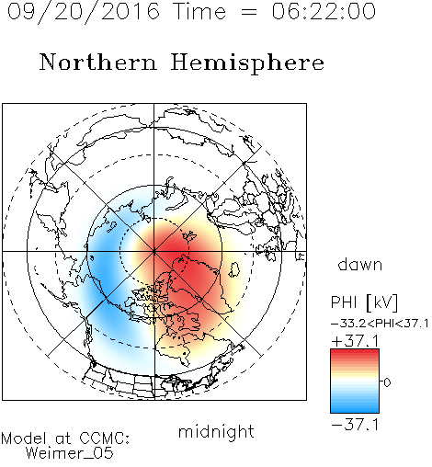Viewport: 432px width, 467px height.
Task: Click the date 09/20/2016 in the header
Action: (x=83, y=12)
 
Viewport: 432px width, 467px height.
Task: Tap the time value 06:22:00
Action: (x=324, y=11)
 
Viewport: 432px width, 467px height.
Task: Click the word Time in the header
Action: (x=199, y=11)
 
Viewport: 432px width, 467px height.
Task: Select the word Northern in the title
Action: (x=98, y=62)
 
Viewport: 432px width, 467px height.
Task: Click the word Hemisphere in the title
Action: (x=247, y=63)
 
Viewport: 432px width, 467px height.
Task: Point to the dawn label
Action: (x=360, y=264)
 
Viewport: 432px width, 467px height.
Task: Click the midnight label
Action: (x=216, y=431)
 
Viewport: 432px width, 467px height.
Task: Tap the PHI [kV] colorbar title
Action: (x=364, y=302)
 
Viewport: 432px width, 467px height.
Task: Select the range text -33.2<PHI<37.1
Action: (x=380, y=324)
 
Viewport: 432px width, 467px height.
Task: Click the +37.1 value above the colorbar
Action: (x=355, y=341)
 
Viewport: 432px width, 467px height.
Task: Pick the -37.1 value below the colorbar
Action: (x=355, y=425)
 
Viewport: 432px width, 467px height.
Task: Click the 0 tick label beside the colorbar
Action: (x=387, y=382)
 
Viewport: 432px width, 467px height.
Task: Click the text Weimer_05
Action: (x=69, y=453)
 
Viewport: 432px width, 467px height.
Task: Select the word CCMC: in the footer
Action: (x=105, y=439)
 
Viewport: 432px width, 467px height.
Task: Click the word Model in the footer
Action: (x=24, y=439)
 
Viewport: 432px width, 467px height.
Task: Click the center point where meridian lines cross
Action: (x=154, y=251)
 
